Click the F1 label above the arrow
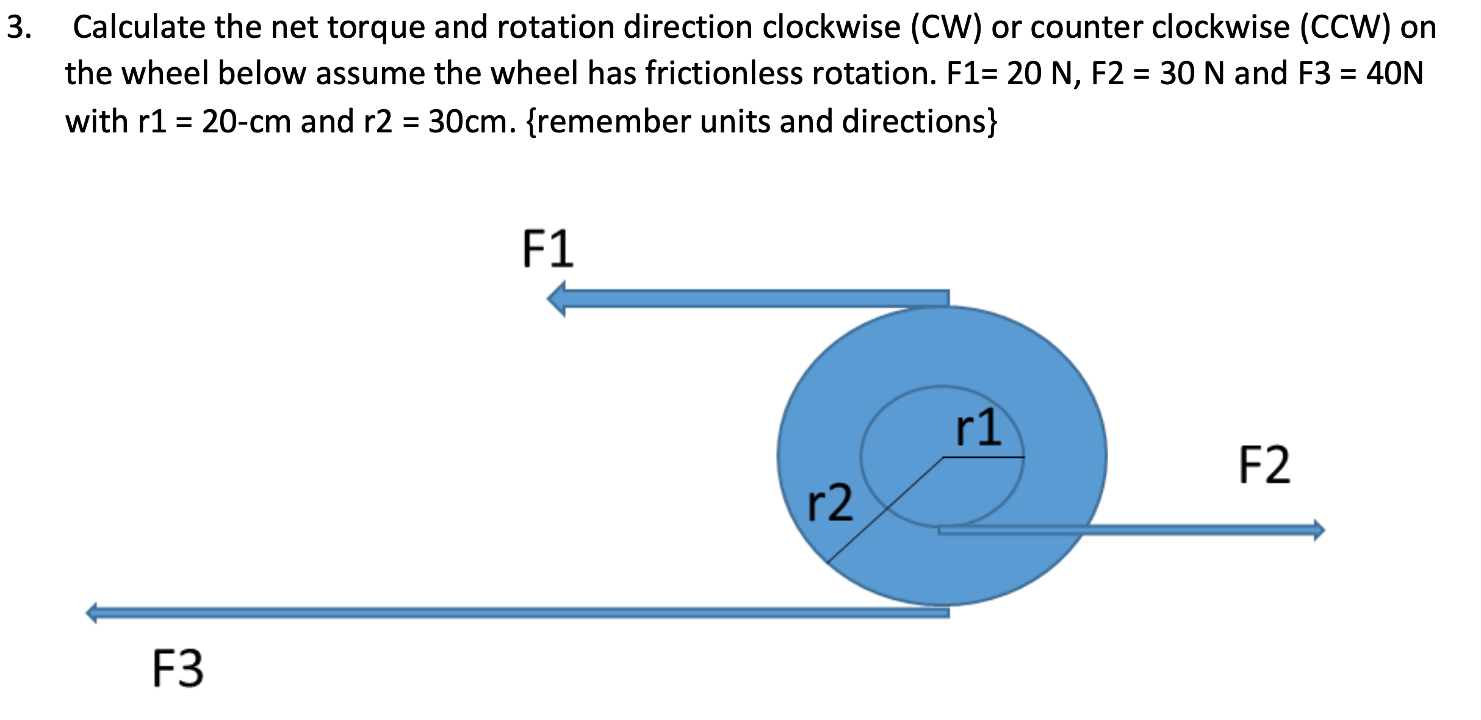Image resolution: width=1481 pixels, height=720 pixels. (x=547, y=249)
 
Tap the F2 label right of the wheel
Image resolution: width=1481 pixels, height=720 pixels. (x=1264, y=465)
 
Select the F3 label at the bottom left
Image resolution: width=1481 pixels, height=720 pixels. (x=178, y=669)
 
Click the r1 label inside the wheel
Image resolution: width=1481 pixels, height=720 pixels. (x=978, y=428)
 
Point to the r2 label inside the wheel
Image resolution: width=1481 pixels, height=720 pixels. (x=830, y=502)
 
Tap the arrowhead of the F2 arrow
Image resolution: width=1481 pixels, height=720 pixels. (x=1318, y=530)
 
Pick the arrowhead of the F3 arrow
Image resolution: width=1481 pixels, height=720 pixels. (x=92, y=613)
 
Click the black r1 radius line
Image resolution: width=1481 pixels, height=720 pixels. (x=984, y=456)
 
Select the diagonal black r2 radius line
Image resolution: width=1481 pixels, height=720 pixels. (x=885, y=510)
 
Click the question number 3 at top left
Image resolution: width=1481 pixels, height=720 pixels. (x=18, y=27)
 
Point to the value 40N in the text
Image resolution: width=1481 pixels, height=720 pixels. (x=1394, y=74)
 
